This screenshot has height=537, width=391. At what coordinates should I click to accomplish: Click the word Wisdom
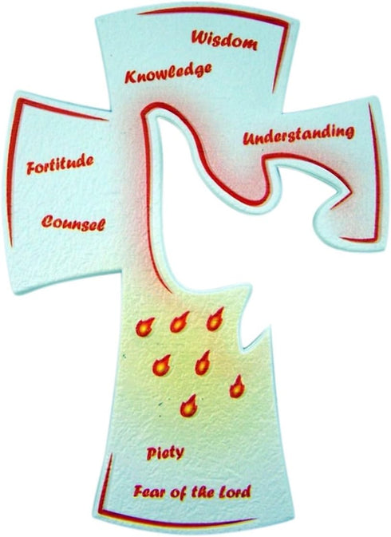[x=224, y=40]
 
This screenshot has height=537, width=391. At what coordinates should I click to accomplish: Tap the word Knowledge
[x=168, y=73]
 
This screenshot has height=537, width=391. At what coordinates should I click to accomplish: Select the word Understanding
[x=298, y=135]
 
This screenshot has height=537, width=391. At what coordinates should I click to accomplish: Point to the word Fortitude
[x=61, y=164]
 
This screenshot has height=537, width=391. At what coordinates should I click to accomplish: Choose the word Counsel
[x=73, y=223]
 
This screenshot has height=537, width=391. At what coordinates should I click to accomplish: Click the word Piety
[x=165, y=453]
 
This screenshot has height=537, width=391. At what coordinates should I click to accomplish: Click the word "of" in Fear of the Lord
[x=176, y=492]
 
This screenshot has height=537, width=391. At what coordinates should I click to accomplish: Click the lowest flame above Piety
[x=188, y=406]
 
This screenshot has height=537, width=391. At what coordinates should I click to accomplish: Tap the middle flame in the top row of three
[x=180, y=322]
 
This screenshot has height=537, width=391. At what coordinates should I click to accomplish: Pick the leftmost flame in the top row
[x=144, y=327]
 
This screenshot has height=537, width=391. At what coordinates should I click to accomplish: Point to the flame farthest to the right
[x=237, y=387]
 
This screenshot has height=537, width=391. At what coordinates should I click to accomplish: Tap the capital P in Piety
[x=152, y=453]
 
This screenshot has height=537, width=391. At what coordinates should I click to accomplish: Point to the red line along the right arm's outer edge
[x=376, y=172]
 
